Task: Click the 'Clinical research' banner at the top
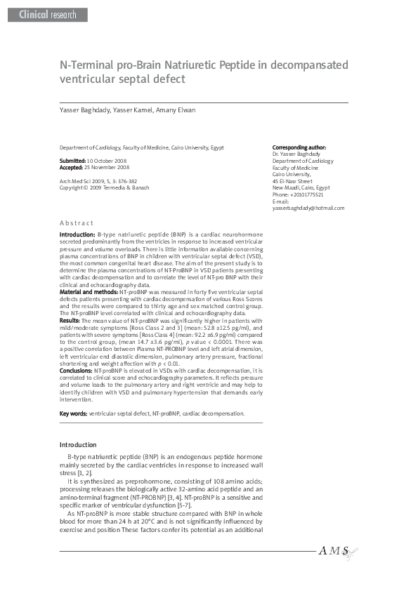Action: [x=46, y=15]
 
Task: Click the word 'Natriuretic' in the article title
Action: [x=204, y=65]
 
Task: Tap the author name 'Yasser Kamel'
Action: [x=131, y=111]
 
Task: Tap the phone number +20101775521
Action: [x=315, y=194]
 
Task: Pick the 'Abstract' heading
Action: [x=77, y=222]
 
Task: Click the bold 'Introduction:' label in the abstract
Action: [x=77, y=233]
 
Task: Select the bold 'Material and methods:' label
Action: [x=89, y=290]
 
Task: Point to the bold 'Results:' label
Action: [x=70, y=319]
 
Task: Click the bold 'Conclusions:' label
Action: [x=76, y=369]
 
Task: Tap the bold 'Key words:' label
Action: [x=73, y=413]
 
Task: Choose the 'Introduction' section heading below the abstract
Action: [x=77, y=444]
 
